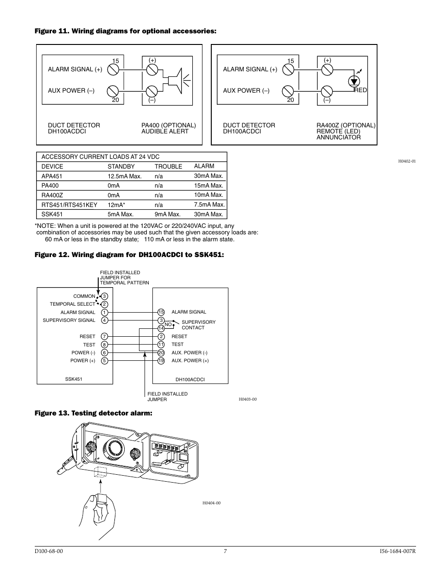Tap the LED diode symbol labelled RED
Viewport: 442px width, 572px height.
click(354, 82)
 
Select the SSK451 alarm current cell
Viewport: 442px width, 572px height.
click(208, 214)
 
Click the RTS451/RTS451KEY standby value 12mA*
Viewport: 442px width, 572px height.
click(116, 205)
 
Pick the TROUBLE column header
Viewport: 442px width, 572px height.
click(168, 166)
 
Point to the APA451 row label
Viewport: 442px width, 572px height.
click(51, 176)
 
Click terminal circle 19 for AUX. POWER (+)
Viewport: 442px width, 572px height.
click(161, 361)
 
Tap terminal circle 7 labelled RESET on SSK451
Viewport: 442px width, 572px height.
click(105, 336)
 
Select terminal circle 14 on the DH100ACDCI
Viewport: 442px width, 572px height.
click(161, 328)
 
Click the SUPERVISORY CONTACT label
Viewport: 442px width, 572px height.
click(198, 325)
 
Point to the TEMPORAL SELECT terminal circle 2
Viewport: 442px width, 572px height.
click(105, 304)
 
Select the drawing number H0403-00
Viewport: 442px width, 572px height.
click(247, 399)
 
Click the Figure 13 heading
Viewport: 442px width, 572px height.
click(94, 413)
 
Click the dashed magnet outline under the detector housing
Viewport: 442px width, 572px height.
click(100, 472)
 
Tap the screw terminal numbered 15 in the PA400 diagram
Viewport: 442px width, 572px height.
click(113, 70)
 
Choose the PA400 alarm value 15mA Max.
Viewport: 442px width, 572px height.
click(208, 185)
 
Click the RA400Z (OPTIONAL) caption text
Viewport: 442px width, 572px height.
click(346, 125)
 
